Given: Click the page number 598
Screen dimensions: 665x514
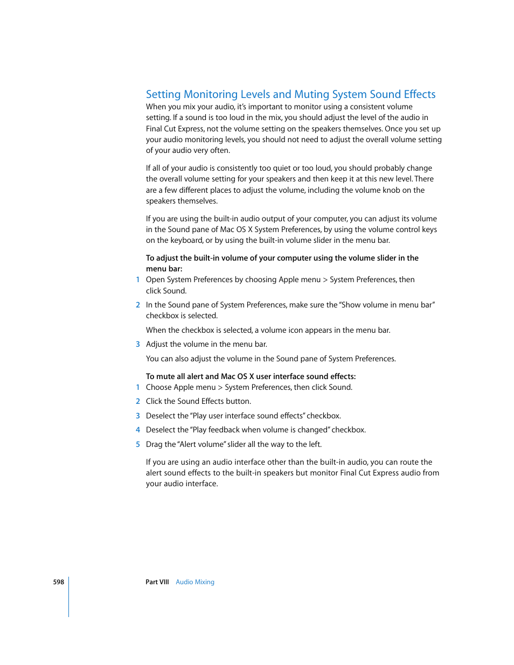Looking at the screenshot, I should [x=58, y=582].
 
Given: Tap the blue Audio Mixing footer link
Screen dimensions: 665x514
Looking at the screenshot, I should [x=195, y=582].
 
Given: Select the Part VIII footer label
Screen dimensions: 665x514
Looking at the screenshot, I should [x=157, y=582].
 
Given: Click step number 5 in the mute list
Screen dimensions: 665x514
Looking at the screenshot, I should [x=138, y=444].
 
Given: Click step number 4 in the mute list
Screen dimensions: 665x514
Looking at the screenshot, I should [x=138, y=430].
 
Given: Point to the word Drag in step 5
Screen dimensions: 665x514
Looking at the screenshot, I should [x=154, y=444].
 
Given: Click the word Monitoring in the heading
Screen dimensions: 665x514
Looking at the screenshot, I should [x=211, y=95].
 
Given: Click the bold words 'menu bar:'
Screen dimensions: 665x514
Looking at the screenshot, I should [x=164, y=269].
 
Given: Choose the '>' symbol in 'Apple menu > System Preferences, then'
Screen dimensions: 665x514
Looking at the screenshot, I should [x=325, y=279].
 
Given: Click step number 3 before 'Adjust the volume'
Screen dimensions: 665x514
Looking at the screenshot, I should [x=138, y=344].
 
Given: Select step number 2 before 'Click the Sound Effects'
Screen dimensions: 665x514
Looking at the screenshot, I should [x=138, y=401].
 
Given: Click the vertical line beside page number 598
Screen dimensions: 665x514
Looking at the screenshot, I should [x=69, y=597].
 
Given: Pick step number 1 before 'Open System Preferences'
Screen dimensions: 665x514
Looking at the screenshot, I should [x=138, y=279].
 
